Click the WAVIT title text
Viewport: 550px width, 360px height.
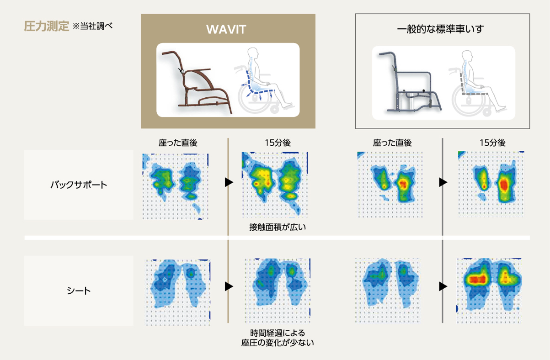pos(226,29)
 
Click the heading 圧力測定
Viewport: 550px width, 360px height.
pos(47,26)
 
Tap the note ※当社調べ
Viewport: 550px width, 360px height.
pos(92,26)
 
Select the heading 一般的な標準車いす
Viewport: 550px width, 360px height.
pos(440,29)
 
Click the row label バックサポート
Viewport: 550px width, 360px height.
pos(79,185)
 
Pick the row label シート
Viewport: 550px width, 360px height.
pos(79,291)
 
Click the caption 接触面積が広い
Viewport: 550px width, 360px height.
pos(278,227)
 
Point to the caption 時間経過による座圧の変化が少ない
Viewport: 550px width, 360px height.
pos(278,338)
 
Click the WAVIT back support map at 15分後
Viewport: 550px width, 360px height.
pos(275,185)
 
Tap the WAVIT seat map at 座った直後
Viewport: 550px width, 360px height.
pos(178,292)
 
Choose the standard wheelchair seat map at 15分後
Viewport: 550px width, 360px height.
pos(489,291)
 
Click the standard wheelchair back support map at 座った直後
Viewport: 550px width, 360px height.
pos(390,185)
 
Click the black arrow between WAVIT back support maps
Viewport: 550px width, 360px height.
pos(229,182)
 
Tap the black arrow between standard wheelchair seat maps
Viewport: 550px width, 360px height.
pos(443,286)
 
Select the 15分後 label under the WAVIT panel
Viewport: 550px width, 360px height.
pos(278,143)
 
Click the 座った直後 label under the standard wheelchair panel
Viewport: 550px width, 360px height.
pos(392,143)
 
